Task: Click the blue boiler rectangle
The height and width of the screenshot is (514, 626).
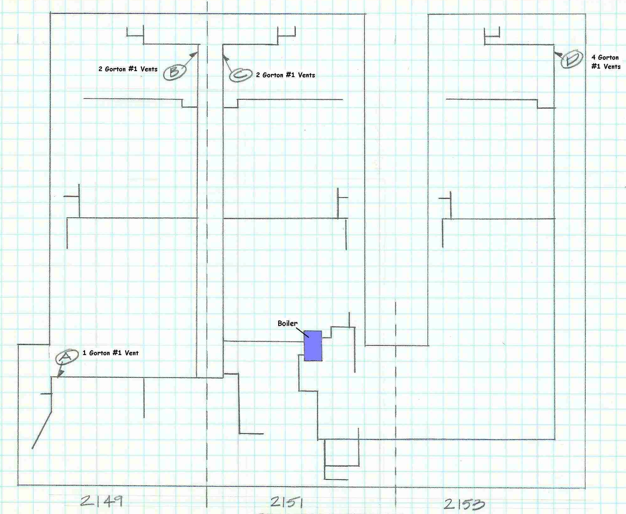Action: click(x=313, y=346)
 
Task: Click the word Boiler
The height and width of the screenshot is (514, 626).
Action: click(x=287, y=323)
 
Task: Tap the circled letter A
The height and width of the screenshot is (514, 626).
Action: click(x=67, y=357)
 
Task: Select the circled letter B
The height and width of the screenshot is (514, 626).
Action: click(x=175, y=72)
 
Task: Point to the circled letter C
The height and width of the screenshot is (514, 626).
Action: click(x=241, y=75)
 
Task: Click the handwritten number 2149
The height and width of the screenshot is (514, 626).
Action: click(x=101, y=500)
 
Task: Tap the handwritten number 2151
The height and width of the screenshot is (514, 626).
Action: click(x=287, y=502)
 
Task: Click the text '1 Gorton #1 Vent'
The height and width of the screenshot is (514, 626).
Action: click(x=111, y=353)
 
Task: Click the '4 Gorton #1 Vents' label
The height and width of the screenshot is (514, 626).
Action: click(x=606, y=62)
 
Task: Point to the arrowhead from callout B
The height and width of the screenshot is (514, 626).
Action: click(x=194, y=55)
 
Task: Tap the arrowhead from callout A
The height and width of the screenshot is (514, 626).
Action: click(x=60, y=374)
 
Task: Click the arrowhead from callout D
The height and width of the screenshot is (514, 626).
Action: click(x=558, y=54)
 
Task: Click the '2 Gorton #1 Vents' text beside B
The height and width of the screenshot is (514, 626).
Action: click(x=128, y=69)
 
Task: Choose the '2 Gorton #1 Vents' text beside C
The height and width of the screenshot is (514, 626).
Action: click(x=285, y=75)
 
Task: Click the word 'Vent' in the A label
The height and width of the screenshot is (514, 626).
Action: click(x=131, y=353)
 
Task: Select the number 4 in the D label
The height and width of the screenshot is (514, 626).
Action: click(x=594, y=57)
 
